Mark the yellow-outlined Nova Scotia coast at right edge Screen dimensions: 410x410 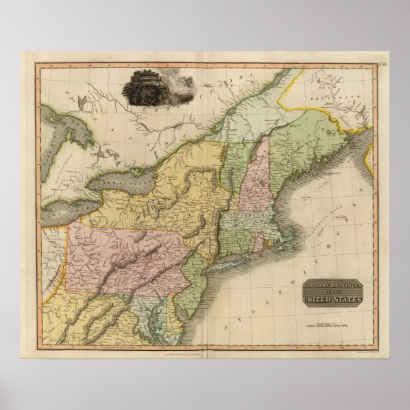point(369,153)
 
